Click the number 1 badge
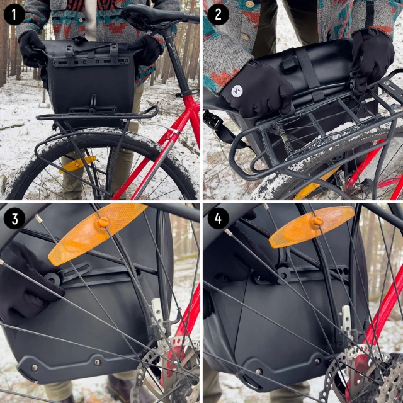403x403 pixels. point(14,14)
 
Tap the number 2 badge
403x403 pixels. point(217,14)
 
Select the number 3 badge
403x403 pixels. point(14,218)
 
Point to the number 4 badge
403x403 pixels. point(217,218)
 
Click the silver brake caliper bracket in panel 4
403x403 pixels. point(346,321)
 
